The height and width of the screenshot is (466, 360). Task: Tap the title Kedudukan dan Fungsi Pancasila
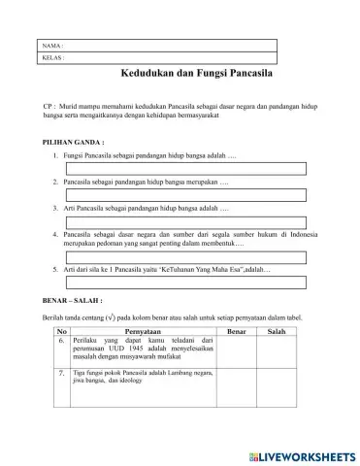[x=196, y=74]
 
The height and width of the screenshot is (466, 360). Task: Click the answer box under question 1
[x=199, y=168]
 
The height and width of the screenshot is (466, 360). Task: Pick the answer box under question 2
[x=199, y=194]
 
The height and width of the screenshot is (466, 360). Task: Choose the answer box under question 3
[x=199, y=221]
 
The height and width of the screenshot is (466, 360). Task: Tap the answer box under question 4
[x=199, y=257]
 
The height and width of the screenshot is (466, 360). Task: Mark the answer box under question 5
[x=199, y=283]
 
